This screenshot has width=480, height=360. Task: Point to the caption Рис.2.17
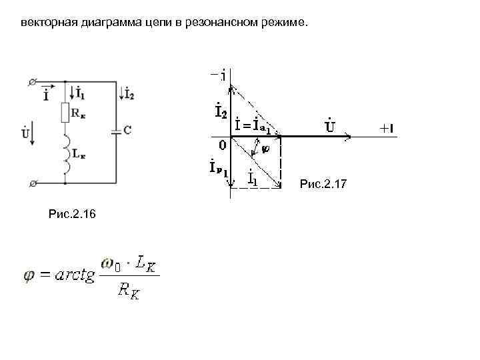pos(323,183)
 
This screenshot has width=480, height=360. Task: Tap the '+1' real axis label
pos(389,129)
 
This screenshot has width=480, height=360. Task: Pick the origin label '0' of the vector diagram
pos(222,143)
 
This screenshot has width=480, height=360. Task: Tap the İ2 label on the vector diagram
pos(220,110)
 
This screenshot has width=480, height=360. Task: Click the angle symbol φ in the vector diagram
pos(266,149)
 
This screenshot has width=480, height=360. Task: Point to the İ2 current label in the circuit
pos(129,93)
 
